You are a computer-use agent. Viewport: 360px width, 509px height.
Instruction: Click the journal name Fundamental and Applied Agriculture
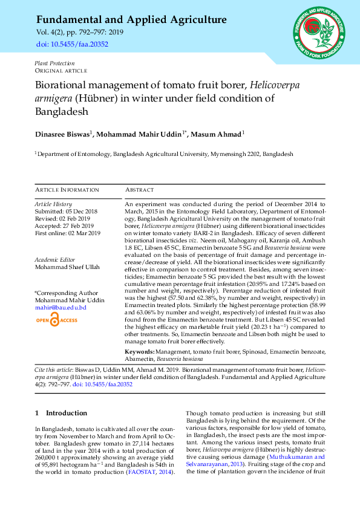[131, 20]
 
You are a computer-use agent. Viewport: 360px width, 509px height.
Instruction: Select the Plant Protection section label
[54, 63]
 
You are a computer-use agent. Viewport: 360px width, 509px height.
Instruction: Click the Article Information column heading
[67, 190]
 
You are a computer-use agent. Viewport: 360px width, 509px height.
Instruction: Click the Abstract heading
[140, 190]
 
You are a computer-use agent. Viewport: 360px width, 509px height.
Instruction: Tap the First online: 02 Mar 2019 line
[67, 233]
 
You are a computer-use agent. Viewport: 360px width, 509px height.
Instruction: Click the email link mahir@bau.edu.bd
[61, 308]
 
